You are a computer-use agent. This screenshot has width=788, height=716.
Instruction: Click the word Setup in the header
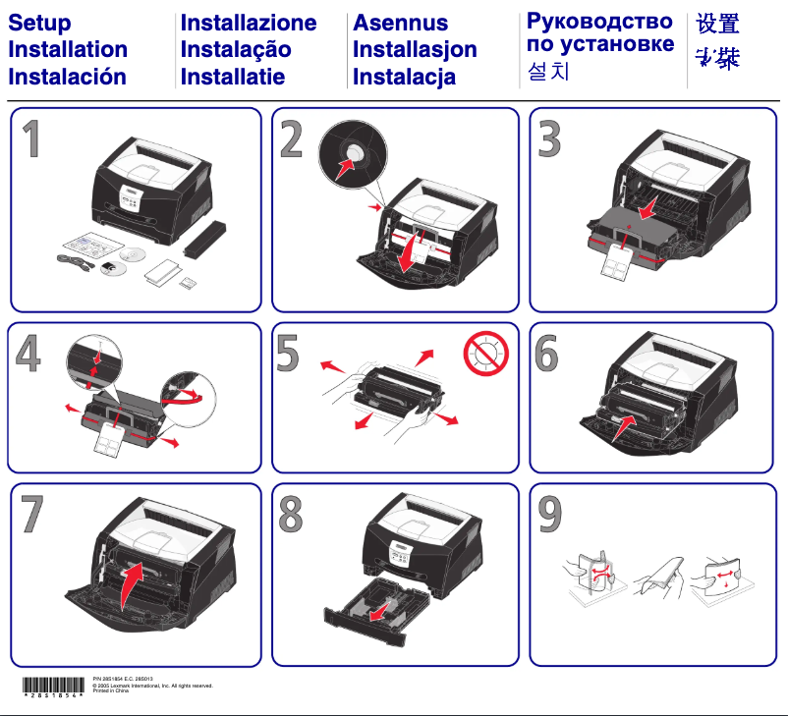click(39, 23)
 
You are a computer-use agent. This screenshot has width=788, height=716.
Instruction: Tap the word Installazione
click(249, 23)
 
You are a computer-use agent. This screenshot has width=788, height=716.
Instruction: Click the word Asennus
click(400, 23)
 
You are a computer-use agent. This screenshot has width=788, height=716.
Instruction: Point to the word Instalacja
click(404, 77)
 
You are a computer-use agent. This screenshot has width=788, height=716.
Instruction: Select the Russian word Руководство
click(599, 21)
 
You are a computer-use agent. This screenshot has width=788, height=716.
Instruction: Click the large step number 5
click(287, 355)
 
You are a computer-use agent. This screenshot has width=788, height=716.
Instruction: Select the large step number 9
click(550, 515)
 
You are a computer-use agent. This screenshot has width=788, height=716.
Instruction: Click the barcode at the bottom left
click(53, 687)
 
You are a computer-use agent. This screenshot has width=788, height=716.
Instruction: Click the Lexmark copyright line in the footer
click(151, 686)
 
